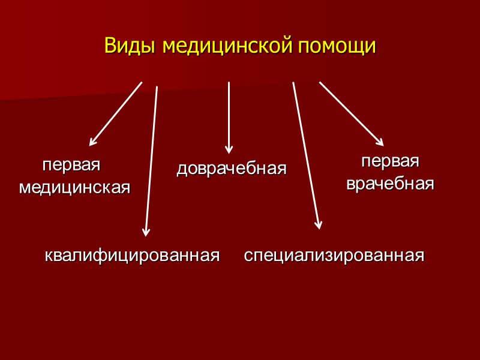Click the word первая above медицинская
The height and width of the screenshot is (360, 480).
[71, 165]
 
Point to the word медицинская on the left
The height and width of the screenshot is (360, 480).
[75, 187]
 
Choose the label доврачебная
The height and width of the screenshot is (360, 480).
[232, 169]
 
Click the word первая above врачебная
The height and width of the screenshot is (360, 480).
[389, 162]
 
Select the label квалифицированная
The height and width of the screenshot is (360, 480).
[131, 256]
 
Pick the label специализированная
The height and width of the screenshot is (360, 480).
[334, 256]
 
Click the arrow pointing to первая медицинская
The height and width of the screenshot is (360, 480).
[116, 114]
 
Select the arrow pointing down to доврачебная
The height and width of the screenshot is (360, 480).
[229, 117]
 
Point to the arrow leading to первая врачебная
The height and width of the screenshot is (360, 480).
[351, 113]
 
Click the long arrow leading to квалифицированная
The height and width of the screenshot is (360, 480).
[151, 159]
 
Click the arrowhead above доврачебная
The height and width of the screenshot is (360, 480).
[229, 149]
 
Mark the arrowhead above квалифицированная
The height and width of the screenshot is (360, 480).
[146, 232]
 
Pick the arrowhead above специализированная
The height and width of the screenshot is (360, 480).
[319, 225]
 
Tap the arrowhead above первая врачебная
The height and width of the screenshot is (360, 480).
[380, 142]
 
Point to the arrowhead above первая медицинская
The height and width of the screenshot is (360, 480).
[92, 142]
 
